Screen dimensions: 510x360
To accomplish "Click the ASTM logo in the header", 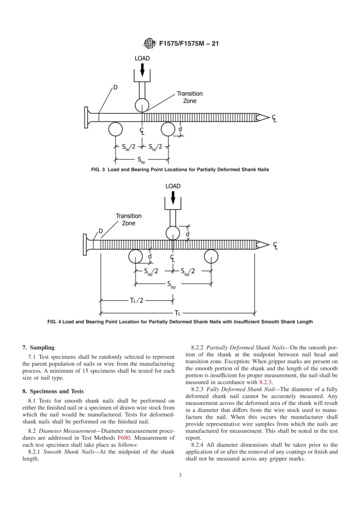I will (x=149, y=44).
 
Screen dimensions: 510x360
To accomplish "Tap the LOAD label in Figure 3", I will (x=142, y=58).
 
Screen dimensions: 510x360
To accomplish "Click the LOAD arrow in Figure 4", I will (x=173, y=197).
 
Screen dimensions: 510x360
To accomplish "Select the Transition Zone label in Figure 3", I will (x=189, y=97).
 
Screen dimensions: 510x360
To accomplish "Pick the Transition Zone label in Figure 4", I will (x=128, y=220).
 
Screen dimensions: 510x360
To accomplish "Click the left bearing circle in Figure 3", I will (x=116, y=129).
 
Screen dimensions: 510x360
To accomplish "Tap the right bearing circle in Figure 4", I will (x=211, y=257).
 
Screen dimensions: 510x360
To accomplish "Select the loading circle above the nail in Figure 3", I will (x=142, y=105).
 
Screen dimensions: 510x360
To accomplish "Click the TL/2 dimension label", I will (x=137, y=300).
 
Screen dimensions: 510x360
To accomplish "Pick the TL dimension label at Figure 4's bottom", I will (x=177, y=313).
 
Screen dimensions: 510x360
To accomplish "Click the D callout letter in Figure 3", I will (x=115, y=87).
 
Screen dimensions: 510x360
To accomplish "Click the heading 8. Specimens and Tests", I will (x=53, y=391).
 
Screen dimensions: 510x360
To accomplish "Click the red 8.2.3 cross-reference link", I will (x=265, y=382).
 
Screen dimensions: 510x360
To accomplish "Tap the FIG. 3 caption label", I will (x=98, y=169).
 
